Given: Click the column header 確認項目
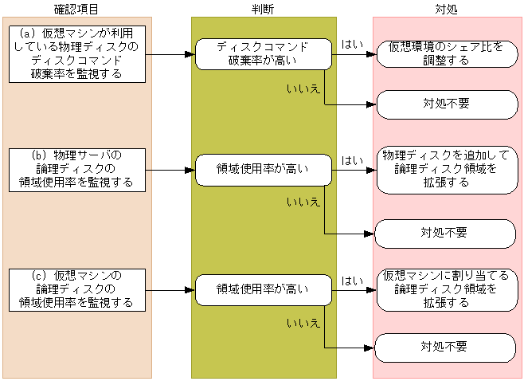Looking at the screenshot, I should click(77, 7).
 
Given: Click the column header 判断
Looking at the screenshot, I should click(263, 7).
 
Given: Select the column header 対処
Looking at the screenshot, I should click(447, 7).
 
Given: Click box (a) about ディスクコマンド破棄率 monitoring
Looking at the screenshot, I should click(77, 53).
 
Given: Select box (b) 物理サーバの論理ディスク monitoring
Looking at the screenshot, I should click(77, 169).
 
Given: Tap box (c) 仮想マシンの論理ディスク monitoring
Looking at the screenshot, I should click(77, 290).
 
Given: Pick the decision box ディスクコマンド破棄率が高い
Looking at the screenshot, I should click(263, 54).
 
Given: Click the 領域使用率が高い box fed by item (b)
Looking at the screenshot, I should click(263, 169).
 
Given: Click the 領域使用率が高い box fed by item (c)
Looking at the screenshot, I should click(263, 290).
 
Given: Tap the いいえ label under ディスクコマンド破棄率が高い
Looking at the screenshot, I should click(303, 88).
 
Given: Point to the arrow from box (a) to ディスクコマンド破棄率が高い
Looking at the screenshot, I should click(170, 54).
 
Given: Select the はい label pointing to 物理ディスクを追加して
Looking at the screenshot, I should click(350, 160).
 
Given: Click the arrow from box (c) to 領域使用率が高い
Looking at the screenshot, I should click(170, 290).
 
